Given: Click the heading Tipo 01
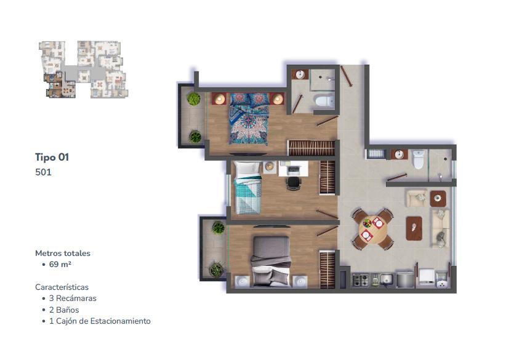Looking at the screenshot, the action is click(x=52, y=157).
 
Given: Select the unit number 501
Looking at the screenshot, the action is click(x=43, y=172).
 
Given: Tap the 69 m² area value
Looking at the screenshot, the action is click(x=60, y=264).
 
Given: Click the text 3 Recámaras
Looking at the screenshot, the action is click(x=73, y=298).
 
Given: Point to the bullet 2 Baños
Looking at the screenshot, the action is click(x=64, y=310).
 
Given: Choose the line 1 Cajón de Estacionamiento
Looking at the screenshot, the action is click(x=100, y=321).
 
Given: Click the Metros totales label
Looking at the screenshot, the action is click(x=63, y=253).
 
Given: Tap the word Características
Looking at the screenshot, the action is click(x=62, y=287).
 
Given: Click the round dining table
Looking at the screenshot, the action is click(x=372, y=229).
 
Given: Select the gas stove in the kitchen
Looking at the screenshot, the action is click(x=361, y=279).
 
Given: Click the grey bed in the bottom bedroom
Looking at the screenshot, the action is click(x=271, y=262).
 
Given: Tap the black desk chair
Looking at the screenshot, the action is click(x=294, y=183).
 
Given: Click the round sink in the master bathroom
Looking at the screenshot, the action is click(x=300, y=74).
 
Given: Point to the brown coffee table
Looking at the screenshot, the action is click(x=414, y=228).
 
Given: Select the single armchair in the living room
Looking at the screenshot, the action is click(x=417, y=198).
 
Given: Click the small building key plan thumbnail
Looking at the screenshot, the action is click(x=84, y=70).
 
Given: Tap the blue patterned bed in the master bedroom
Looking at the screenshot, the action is click(x=249, y=119).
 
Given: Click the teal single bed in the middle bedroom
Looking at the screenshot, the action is click(x=247, y=188).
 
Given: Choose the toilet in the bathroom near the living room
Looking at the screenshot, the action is click(x=419, y=159).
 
